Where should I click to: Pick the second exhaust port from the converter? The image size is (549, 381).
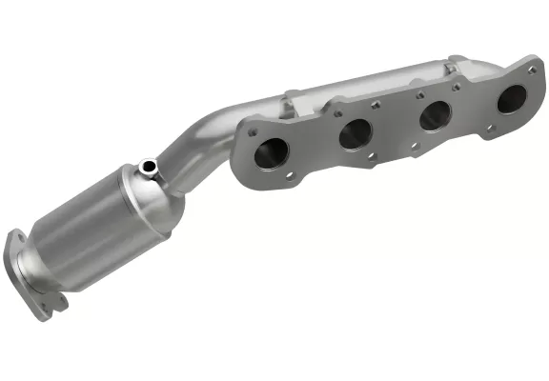point(356,132)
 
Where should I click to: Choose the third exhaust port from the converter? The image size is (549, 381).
point(435,115)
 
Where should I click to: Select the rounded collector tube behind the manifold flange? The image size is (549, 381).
point(381,80)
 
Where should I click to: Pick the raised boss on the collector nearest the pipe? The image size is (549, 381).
point(292,99)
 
